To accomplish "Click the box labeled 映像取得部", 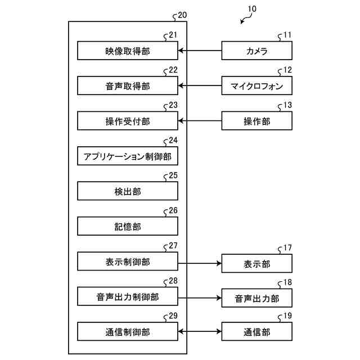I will click(128, 51).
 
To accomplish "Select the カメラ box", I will click(257, 51).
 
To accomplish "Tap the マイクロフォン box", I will click(257, 86).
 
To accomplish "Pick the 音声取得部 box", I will click(128, 86).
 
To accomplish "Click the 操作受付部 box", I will click(128, 121).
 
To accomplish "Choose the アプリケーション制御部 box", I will click(128, 156).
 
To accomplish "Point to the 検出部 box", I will click(128, 191).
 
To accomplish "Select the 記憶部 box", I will click(128, 226).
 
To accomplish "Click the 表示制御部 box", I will click(128, 262).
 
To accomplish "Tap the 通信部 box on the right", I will click(257, 332).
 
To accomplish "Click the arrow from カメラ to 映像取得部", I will click(200, 51).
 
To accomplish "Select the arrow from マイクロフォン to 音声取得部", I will click(200, 86).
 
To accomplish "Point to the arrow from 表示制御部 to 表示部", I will click(200, 263).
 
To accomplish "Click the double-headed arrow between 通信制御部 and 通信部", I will click(200, 332).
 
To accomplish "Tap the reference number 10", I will click(251, 9).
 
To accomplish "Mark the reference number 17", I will click(287, 247).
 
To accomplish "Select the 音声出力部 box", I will click(257, 298).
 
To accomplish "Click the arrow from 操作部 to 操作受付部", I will click(200, 121).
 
